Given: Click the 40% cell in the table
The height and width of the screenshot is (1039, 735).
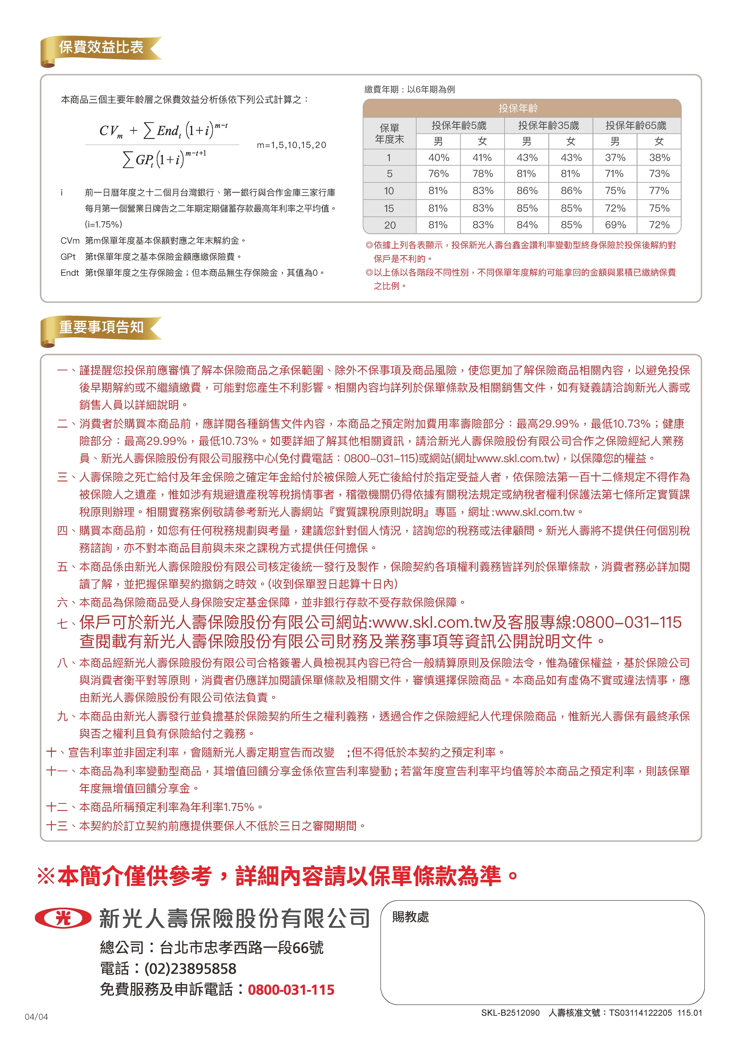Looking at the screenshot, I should tap(438, 157).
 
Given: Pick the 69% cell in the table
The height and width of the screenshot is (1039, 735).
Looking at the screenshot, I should tap(615, 225).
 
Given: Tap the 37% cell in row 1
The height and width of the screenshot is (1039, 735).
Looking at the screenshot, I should tap(615, 157).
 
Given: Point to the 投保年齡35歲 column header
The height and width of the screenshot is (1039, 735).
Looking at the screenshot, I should tap(548, 125).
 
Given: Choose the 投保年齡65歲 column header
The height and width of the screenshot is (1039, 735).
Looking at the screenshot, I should tap(636, 125).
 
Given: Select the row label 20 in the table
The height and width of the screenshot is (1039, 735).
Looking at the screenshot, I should tap(390, 225).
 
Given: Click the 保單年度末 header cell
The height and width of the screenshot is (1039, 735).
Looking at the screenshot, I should tap(390, 133).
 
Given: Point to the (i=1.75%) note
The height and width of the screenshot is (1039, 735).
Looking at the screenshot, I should tap(103, 225).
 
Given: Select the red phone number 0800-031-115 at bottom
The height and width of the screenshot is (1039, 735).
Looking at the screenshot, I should tap(291, 990).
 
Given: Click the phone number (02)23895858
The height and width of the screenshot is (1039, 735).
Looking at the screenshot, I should tap(190, 968).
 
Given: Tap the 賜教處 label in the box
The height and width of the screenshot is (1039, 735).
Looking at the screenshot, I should tap(410, 917).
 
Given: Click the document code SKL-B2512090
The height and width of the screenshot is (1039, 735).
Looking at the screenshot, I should tap(510, 1013).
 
